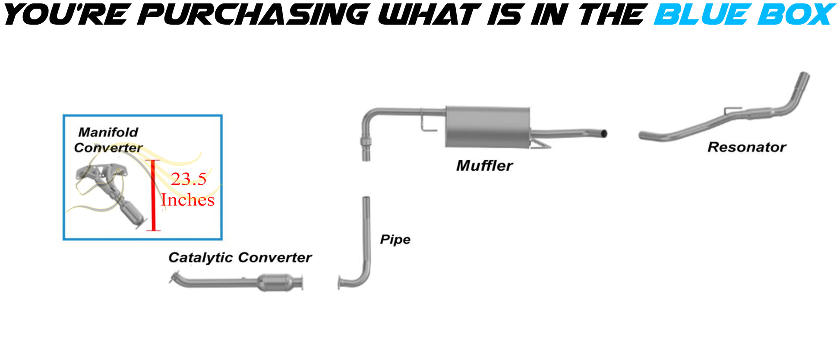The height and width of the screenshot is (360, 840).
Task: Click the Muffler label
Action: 484,166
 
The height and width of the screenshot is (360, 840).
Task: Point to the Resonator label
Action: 746,148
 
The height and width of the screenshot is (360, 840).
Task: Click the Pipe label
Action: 395,240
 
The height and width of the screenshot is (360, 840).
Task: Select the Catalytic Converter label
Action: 240,258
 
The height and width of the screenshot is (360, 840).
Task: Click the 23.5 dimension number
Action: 189,179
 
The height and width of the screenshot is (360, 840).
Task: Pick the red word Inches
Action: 187,200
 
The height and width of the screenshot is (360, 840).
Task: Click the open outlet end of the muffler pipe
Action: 604,133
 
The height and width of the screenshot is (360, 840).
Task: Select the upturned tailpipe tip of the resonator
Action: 803,80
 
